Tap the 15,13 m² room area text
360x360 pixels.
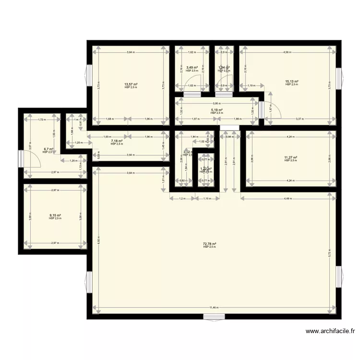coord(292,82)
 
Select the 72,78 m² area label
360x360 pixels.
coord(209,244)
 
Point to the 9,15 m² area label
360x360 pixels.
coord(55,216)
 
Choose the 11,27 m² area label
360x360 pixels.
coord(291,157)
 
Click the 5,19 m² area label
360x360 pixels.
coord(217,110)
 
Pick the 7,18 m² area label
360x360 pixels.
coord(117,141)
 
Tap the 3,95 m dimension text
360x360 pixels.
coord(217,103)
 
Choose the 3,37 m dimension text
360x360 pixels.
coord(299,119)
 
